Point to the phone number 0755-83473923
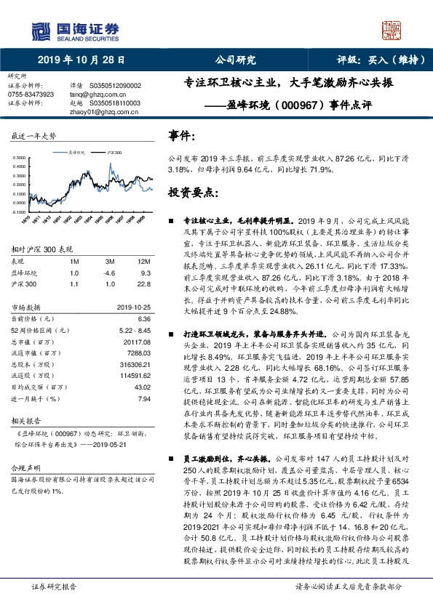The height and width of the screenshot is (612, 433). (x=31, y=94)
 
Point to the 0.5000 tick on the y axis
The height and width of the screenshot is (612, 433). (x=22, y=156)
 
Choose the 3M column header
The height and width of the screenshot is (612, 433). (x=111, y=260)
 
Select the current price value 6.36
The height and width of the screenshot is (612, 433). (x=144, y=318)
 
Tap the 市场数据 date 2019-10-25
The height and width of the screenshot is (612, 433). (x=135, y=307)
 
